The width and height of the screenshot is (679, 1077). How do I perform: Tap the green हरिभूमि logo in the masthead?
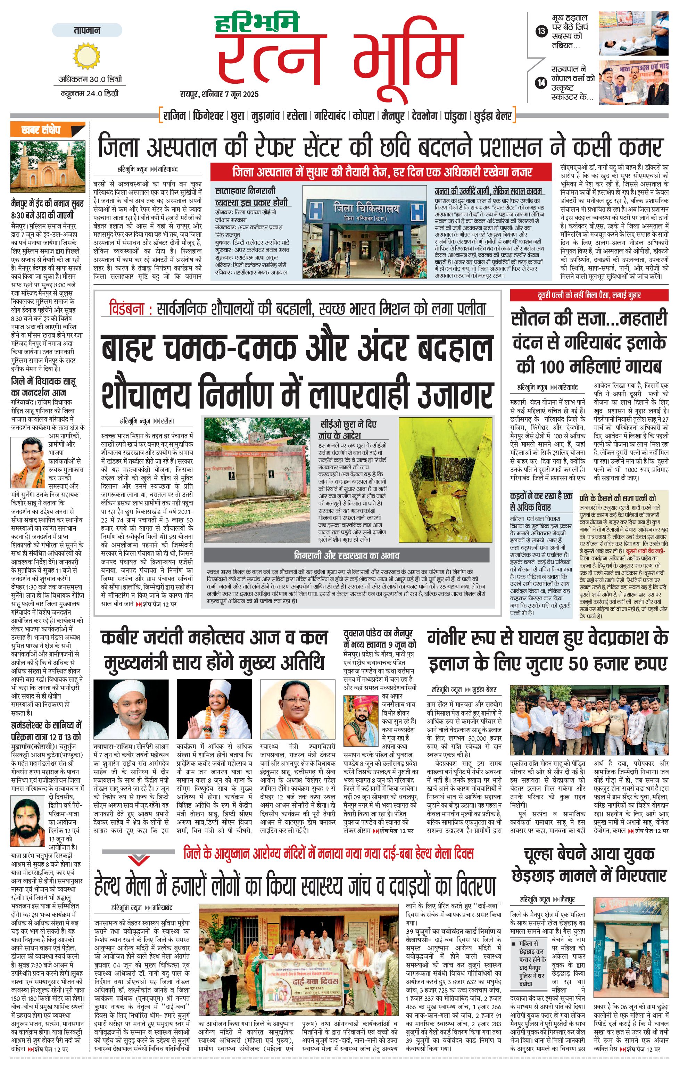coord(257,24)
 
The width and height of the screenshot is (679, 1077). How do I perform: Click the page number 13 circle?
coord(541,31)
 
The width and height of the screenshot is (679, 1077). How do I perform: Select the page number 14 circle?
coord(541,82)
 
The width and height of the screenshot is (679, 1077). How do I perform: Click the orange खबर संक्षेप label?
coord(41,130)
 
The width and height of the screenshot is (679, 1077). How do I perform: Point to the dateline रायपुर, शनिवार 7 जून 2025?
coord(219,94)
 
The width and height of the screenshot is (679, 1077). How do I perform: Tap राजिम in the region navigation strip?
coord(174,116)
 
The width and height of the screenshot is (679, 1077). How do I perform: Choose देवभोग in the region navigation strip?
coord(424,116)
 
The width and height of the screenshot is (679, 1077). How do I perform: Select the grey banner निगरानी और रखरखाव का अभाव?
coord(346,556)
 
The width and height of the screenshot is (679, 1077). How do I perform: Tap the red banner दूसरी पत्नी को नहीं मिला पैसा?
coord(589,295)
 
